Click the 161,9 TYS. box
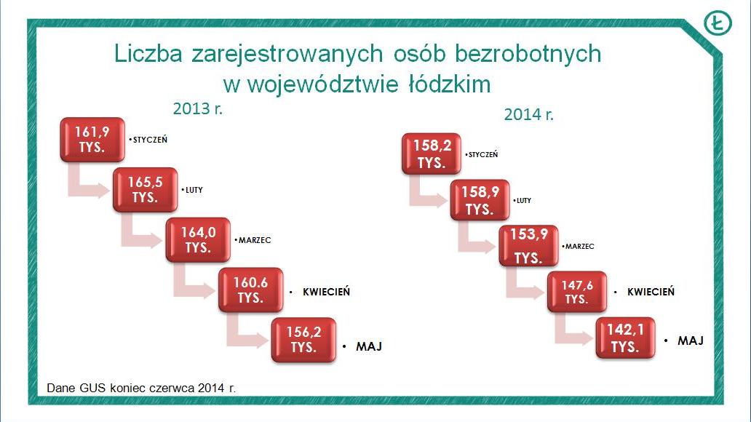tap(92, 140)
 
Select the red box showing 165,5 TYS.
tap(145, 190)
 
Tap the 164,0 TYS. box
tap(198, 240)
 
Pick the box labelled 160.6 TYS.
tap(250, 290)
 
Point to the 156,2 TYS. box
tap(303, 340)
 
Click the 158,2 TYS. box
tap(432, 154)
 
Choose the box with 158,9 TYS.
tap(480, 200)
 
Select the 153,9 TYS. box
tap(528, 246)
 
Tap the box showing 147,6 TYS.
tap(577, 292)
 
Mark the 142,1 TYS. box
tap(626, 338)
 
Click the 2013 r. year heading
tap(198, 108)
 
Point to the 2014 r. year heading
tap(529, 114)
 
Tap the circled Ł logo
tap(718, 23)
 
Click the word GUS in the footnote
tap(92, 388)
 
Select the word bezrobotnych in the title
tap(528, 54)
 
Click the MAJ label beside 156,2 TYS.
tap(369, 346)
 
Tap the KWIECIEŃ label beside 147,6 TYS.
tap(651, 291)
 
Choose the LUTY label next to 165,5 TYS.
tap(194, 190)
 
